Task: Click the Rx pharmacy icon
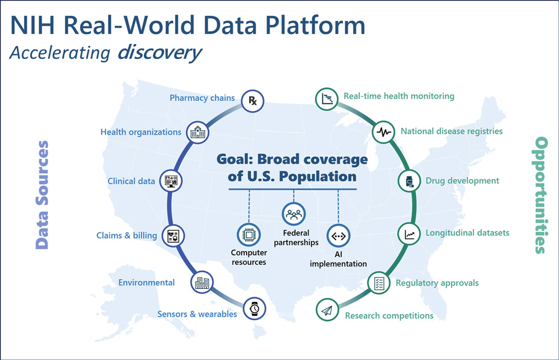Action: [x=252, y=101]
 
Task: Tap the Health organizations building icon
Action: [x=198, y=133]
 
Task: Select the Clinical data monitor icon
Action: [x=171, y=181]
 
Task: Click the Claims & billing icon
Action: [x=173, y=236]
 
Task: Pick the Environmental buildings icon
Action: [x=202, y=283]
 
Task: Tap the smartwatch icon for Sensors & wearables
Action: [x=254, y=308]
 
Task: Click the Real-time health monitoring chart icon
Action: [x=327, y=99]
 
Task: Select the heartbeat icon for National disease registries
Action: [x=384, y=132]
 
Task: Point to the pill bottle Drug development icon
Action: [x=409, y=181]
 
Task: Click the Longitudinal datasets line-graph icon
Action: [x=409, y=234]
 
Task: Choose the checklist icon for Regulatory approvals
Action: [x=379, y=283]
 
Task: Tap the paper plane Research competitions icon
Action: [x=327, y=310]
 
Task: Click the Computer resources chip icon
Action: [x=249, y=235]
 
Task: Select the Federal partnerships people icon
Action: [x=294, y=214]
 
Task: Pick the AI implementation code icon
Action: [x=339, y=236]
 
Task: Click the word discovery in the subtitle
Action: [x=159, y=53]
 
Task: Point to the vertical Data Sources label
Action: [x=42, y=195]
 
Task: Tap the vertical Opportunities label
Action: [x=541, y=195]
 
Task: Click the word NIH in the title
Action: [x=32, y=25]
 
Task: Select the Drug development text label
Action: [x=462, y=181]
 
